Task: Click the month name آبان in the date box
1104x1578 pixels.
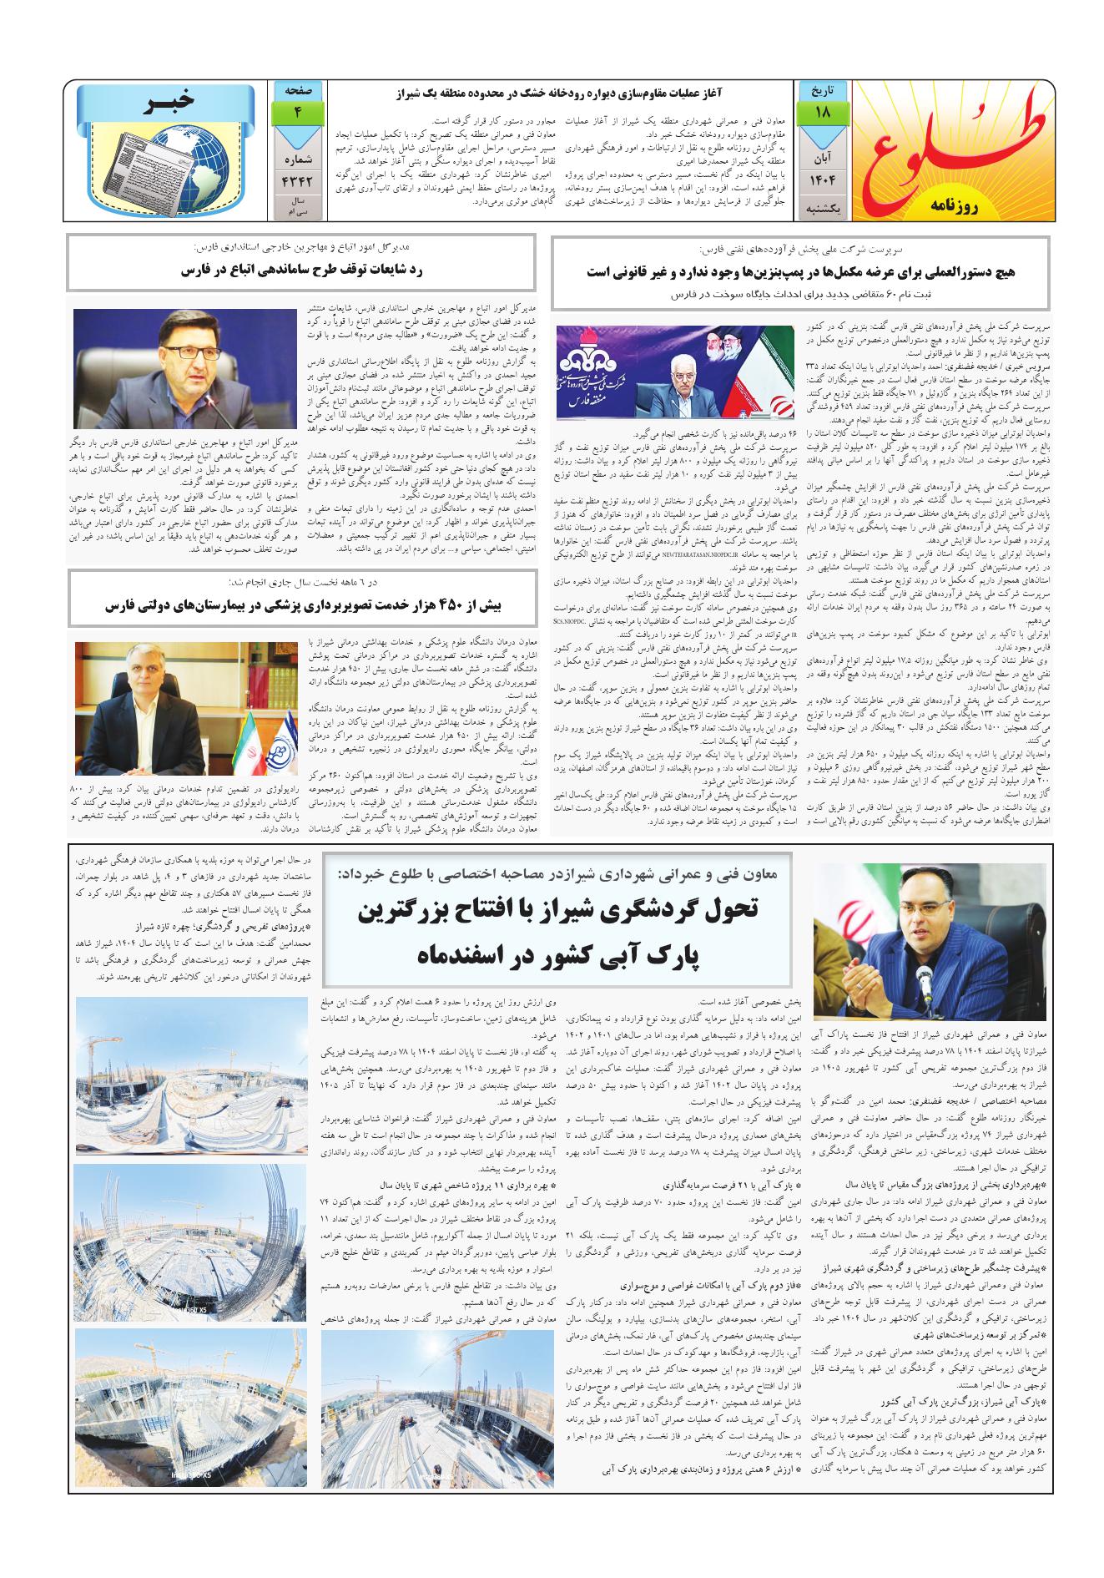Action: (x=823, y=155)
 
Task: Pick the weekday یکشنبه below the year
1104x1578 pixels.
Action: (x=823, y=209)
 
